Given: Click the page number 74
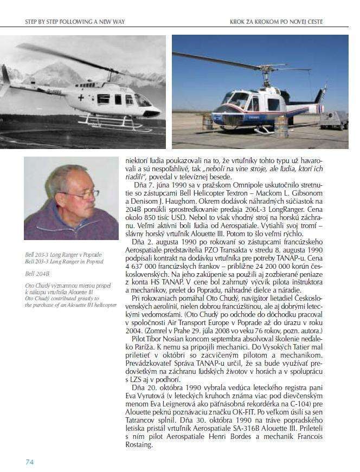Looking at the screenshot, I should tap(30, 462).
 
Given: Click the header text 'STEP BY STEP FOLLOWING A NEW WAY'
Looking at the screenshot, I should tap(75, 22).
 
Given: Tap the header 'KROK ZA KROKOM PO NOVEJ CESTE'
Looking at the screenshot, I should tap(277, 22).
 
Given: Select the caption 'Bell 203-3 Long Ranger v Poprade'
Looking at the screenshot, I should tap(63, 255).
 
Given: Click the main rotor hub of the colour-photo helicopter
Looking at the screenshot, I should tap(267, 69).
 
